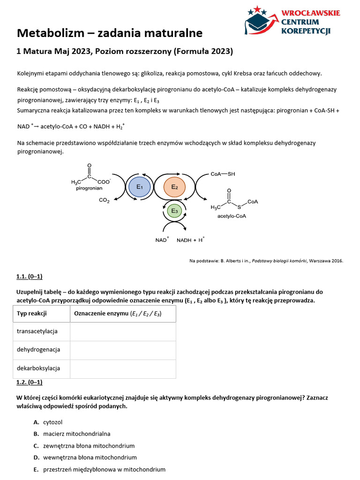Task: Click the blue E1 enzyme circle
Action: (x=139, y=187)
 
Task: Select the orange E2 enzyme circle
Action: (x=174, y=187)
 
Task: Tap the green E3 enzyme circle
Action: (x=174, y=211)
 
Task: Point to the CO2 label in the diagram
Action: (x=104, y=201)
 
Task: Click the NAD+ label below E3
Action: (x=162, y=240)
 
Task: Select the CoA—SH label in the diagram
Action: (x=223, y=174)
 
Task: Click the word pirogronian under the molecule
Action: (x=89, y=188)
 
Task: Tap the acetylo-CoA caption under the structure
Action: (x=232, y=216)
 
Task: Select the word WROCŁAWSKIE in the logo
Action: (x=310, y=13)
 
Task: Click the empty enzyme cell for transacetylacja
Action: (x=123, y=331)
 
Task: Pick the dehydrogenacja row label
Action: (x=38, y=350)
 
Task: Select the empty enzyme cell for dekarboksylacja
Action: (x=123, y=368)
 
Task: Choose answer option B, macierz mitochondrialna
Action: (x=76, y=434)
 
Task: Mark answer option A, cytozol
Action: (x=52, y=422)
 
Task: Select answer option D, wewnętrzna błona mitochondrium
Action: (x=90, y=457)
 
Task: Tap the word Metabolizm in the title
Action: (x=50, y=33)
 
